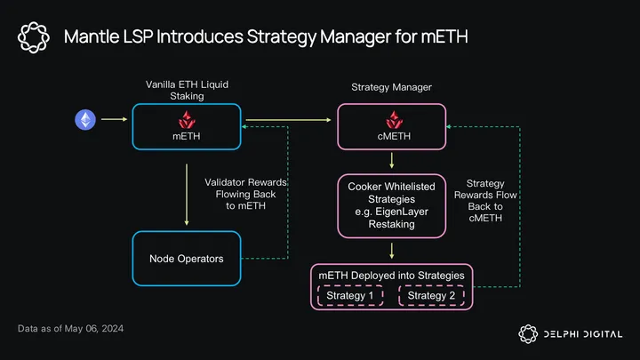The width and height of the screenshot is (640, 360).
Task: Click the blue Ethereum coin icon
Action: pyautogui.click(x=85, y=119)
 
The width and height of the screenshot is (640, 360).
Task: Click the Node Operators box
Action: pyautogui.click(x=187, y=259)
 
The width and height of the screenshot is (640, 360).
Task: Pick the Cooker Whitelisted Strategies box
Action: pyautogui.click(x=391, y=206)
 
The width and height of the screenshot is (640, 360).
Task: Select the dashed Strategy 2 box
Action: pyautogui.click(x=432, y=296)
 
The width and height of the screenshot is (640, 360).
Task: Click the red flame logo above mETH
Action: pyautogui.click(x=187, y=119)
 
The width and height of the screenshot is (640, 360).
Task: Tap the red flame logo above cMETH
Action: pyautogui.click(x=391, y=119)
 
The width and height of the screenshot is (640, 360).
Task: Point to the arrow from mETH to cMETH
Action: pyautogui.click(x=289, y=119)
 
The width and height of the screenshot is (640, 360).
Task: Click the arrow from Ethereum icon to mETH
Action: pyautogui.click(x=114, y=119)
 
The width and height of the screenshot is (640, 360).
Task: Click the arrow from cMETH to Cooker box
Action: pyautogui.click(x=391, y=160)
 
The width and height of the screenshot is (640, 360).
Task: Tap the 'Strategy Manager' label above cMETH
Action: pyautogui.click(x=390, y=88)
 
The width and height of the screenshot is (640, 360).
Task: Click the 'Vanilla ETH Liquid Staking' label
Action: pyautogui.click(x=186, y=90)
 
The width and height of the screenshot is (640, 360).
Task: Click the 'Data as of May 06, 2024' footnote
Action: pyautogui.click(x=70, y=329)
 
